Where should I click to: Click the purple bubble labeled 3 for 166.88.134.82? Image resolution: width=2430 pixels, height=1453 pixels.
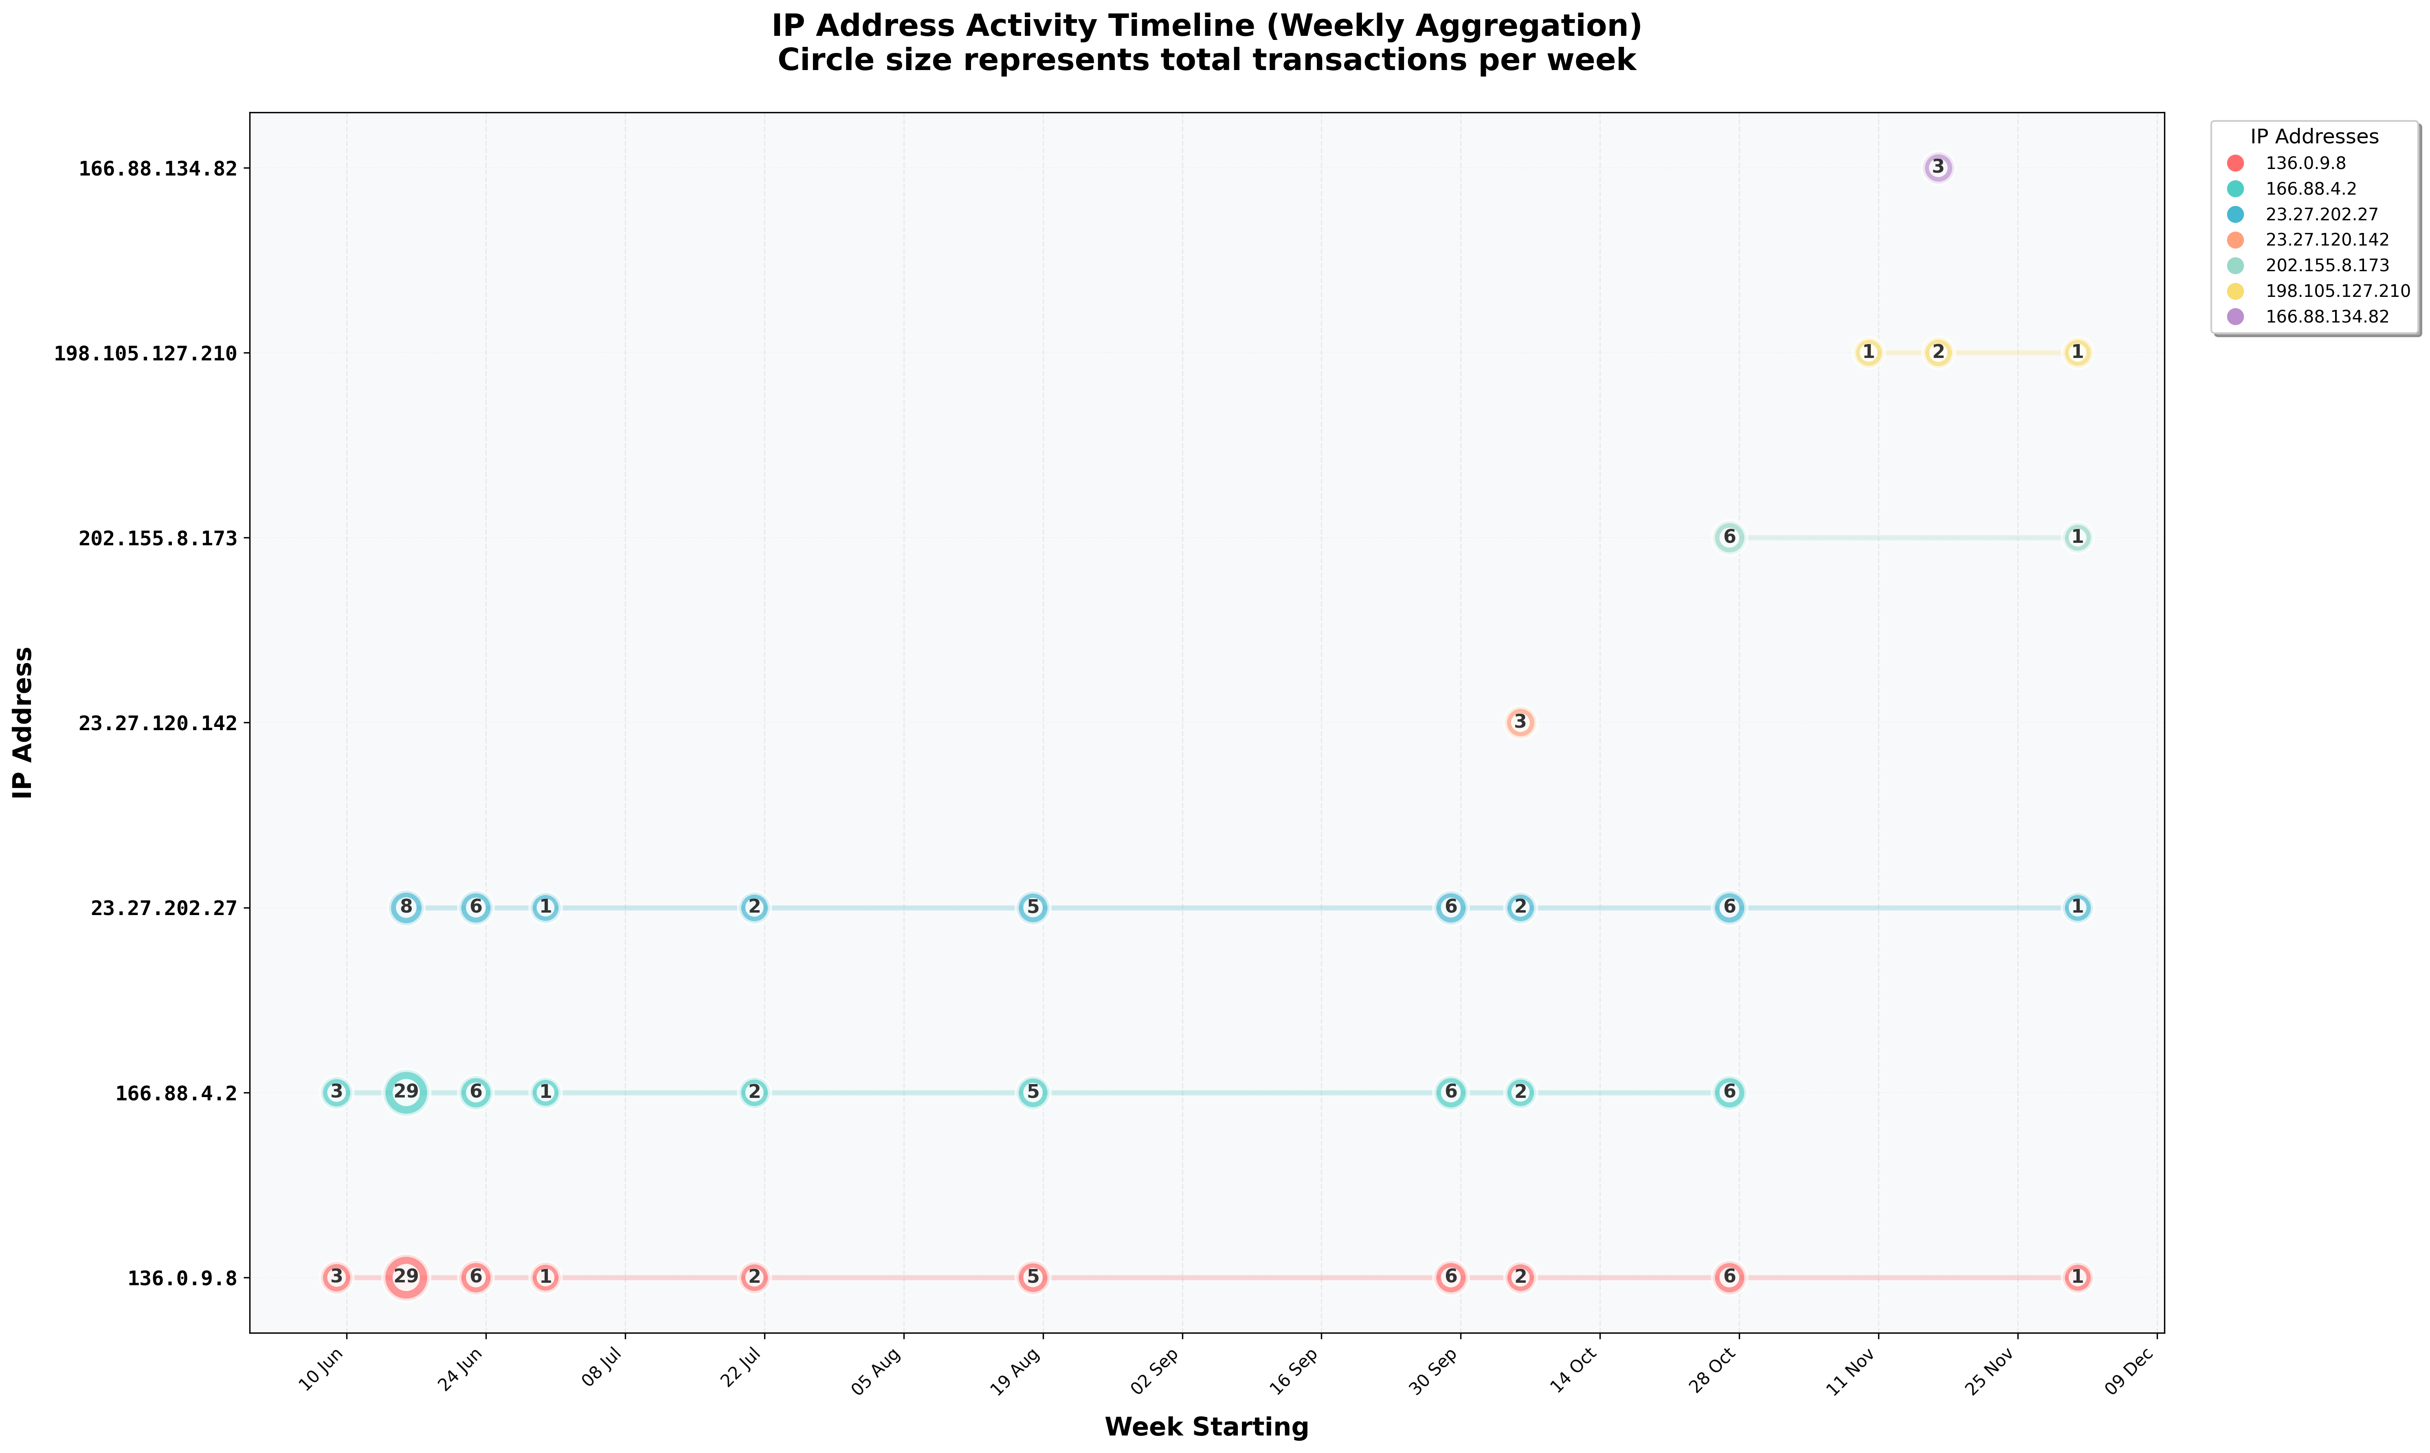[x=1938, y=167]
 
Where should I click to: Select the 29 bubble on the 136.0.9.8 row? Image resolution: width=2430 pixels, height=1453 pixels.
[x=405, y=1277]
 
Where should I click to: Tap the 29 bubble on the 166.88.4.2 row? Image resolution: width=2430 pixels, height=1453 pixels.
[x=405, y=1092]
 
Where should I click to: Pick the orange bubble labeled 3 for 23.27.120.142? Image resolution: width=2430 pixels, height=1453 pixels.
[x=1520, y=722]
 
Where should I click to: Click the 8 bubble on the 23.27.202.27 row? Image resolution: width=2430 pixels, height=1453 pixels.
[x=405, y=908]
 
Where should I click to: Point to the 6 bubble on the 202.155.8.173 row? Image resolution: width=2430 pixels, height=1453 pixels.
[x=1729, y=538]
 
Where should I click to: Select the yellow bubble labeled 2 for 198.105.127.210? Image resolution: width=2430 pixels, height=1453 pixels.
[x=1938, y=353]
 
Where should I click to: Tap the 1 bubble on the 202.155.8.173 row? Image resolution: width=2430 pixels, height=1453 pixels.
[x=2076, y=538]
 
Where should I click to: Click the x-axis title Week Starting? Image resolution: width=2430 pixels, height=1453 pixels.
[x=1206, y=1427]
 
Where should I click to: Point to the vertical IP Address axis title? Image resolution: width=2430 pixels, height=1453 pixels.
[x=24, y=722]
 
